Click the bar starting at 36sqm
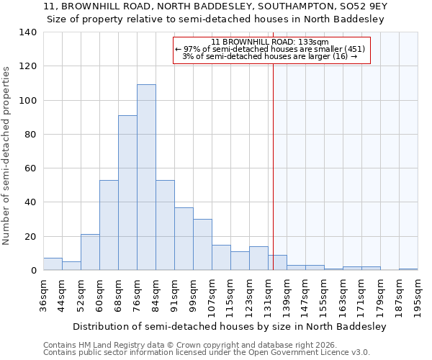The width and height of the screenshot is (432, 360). click(x=53, y=264)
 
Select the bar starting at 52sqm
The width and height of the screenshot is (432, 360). click(x=90, y=252)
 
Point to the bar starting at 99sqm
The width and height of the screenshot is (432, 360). click(x=202, y=245)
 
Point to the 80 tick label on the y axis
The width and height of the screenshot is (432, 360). click(x=30, y=135)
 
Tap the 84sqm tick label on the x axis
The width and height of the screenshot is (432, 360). click(x=156, y=295)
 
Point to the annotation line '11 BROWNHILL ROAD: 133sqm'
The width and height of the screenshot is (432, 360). click(x=271, y=42)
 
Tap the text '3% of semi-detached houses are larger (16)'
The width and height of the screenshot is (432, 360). click(x=270, y=56)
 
